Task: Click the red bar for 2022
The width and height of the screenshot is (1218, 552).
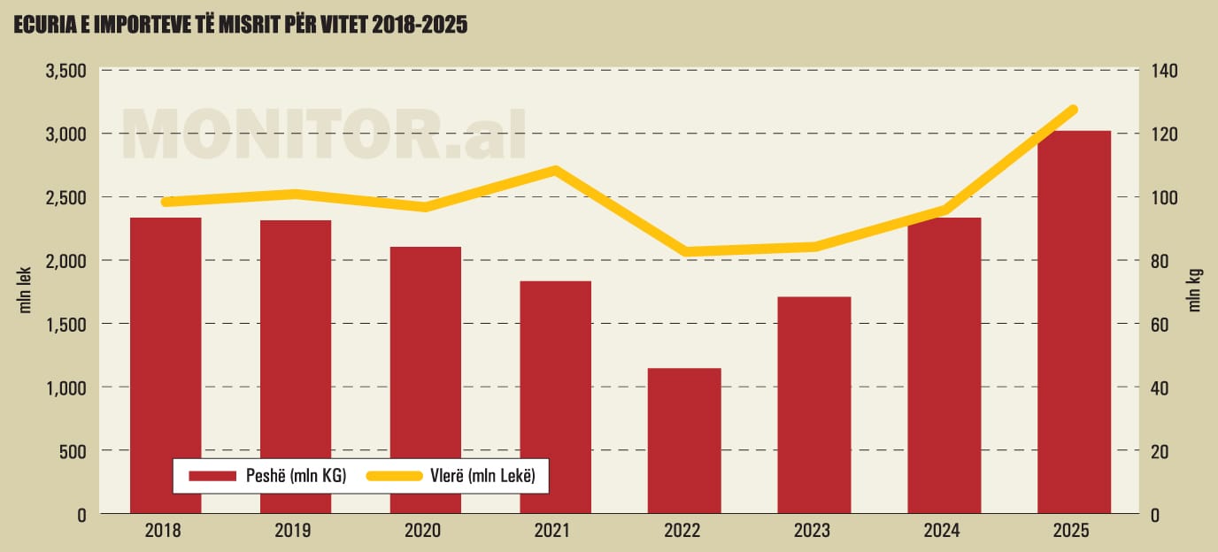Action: pos(684,441)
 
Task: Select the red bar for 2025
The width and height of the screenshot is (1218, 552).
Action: pos(1074,322)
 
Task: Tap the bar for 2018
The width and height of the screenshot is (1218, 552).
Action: pos(166,365)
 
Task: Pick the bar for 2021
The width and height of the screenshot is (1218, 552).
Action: pos(555,397)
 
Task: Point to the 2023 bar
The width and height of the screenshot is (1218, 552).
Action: pos(814,405)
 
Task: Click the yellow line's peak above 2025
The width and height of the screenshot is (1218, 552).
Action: pos(1074,110)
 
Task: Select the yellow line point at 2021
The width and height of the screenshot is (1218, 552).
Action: pos(555,170)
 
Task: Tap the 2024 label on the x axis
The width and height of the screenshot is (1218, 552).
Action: pos(944,532)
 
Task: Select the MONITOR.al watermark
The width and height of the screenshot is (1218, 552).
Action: pos(324,134)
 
